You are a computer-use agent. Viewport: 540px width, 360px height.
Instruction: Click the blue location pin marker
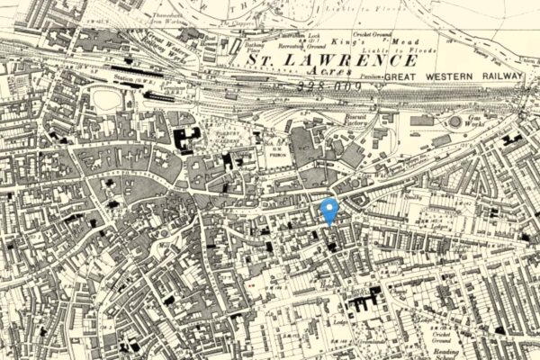pos(329,210)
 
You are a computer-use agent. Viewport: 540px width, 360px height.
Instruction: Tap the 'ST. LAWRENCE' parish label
pos(333,59)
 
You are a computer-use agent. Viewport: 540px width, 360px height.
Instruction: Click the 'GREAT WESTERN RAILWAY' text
pos(453,77)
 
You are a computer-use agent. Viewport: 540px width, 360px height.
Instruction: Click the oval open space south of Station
pos(107,99)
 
